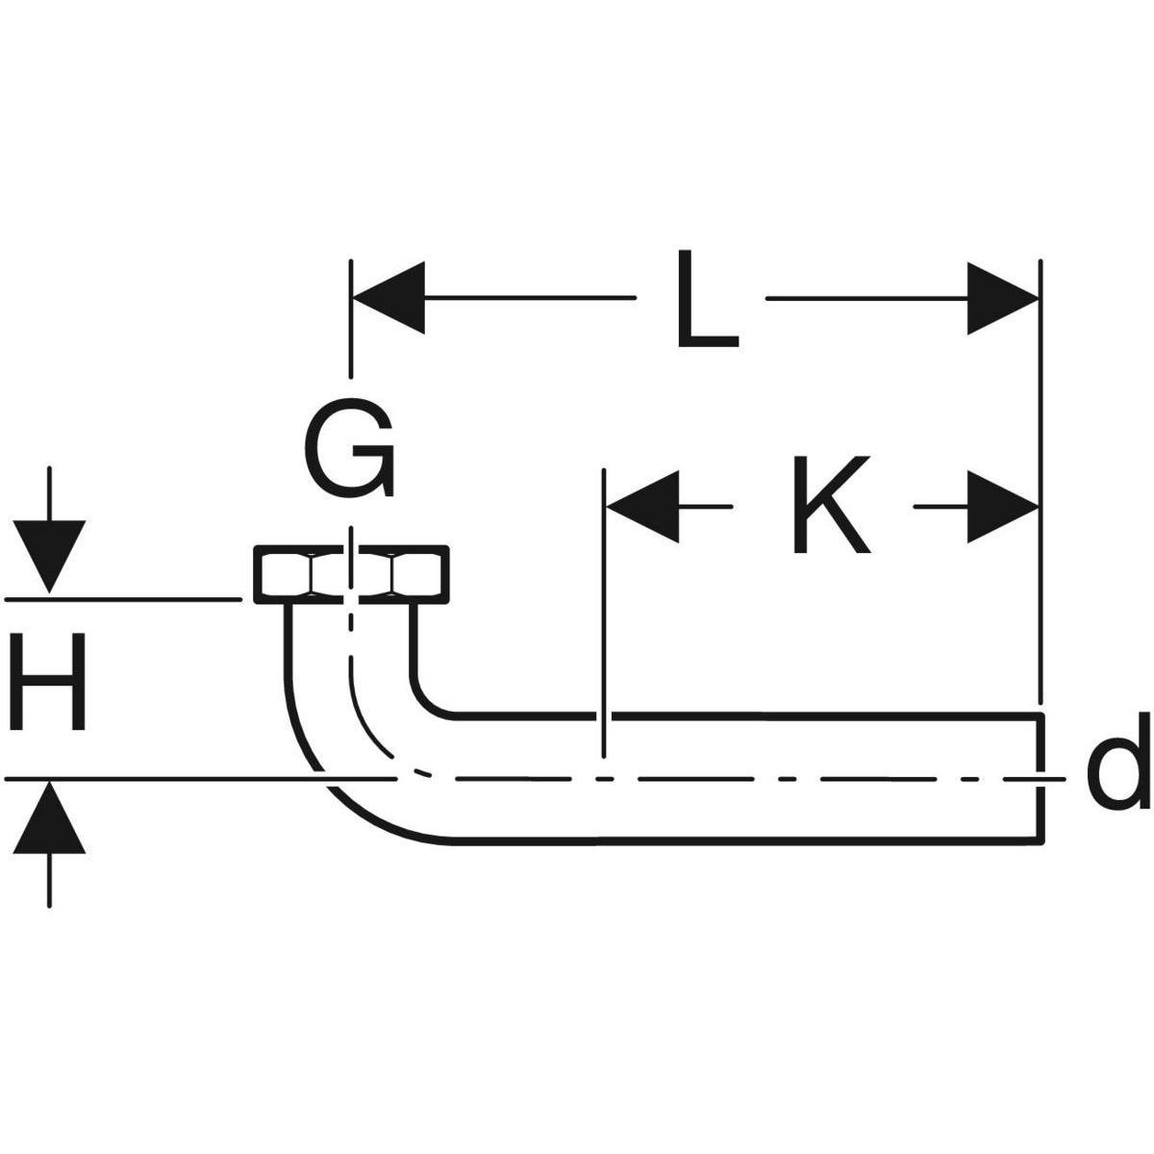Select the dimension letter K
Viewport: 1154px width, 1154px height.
(830, 506)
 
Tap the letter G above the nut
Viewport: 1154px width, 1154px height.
(349, 448)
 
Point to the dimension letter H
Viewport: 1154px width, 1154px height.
(48, 683)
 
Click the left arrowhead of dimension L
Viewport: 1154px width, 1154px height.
(389, 298)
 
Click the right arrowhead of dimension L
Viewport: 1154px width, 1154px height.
(1003, 298)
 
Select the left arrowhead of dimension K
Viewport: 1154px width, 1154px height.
(640, 506)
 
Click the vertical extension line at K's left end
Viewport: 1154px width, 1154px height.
(603, 615)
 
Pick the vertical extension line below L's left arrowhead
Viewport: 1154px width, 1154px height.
(352, 337)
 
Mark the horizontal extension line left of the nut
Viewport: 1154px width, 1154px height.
(125, 599)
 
